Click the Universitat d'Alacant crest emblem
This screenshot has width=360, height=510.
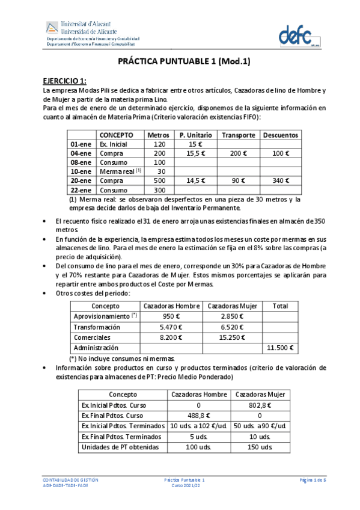click(52, 28)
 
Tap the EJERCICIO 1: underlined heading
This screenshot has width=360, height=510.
click(64, 81)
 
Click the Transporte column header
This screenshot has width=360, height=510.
click(238, 135)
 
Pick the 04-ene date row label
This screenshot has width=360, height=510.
click(81, 153)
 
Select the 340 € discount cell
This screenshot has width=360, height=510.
click(280, 180)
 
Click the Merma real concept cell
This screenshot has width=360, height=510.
click(120, 171)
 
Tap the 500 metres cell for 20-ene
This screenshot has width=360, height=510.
click(159, 180)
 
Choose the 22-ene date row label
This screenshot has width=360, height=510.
click(81, 189)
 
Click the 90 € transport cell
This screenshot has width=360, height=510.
click(238, 180)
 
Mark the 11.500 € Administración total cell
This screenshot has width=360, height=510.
click(280, 348)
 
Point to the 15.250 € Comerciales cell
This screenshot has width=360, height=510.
click(231, 337)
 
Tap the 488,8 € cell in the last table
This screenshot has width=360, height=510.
click(199, 415)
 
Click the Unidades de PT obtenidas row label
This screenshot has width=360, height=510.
click(117, 447)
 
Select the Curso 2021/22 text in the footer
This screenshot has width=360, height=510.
click(185, 486)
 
